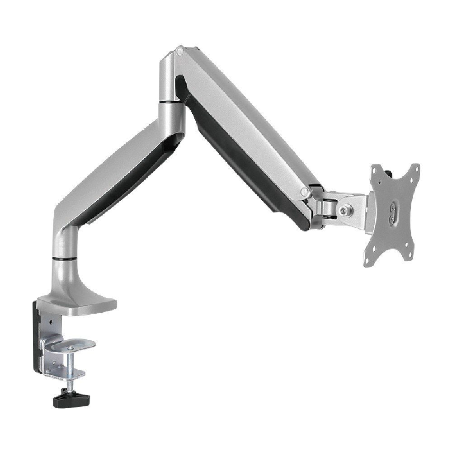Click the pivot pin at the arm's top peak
tap(180, 52)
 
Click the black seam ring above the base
tap(63, 259)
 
